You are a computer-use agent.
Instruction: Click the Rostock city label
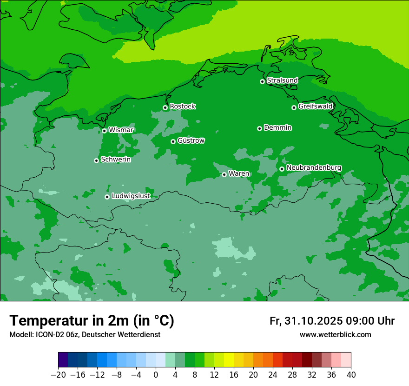[x=182, y=106]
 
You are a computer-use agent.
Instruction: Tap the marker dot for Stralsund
[x=262, y=81]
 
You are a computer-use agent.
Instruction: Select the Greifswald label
[x=315, y=106]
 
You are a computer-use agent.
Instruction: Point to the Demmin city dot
[x=259, y=128]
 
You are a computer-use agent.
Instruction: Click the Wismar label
[x=121, y=130]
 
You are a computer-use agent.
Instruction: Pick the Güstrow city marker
[x=173, y=141]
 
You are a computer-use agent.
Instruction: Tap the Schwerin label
[x=116, y=160]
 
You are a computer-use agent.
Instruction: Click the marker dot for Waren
[x=224, y=174]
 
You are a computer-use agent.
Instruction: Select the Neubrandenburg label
[x=314, y=168]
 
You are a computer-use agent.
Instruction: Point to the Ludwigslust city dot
[x=107, y=197]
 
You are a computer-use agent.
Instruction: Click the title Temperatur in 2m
[x=92, y=321]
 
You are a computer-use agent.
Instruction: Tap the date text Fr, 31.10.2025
[x=306, y=321]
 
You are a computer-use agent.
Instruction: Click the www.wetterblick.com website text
[x=335, y=334]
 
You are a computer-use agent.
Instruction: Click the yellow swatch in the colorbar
[x=229, y=360]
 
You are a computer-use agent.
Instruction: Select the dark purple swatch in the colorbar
[x=63, y=360]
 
